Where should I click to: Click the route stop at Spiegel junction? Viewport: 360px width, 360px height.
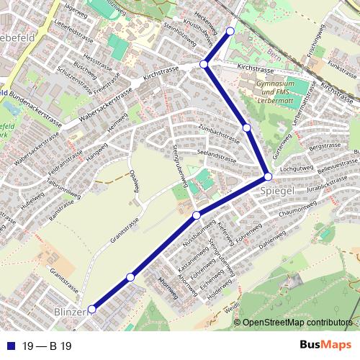(267, 176)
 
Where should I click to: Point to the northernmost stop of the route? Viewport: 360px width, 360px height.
(230, 31)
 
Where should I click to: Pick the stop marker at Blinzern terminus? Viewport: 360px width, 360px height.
(91, 310)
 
